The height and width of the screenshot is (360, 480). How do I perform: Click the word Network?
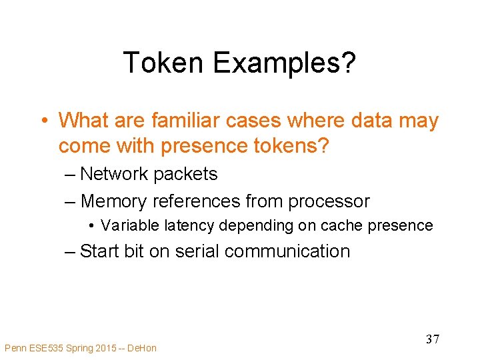113,174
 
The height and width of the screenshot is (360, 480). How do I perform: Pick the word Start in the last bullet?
99,251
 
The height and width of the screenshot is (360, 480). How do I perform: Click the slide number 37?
432,339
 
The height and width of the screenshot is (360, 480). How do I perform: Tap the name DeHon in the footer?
143,347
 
